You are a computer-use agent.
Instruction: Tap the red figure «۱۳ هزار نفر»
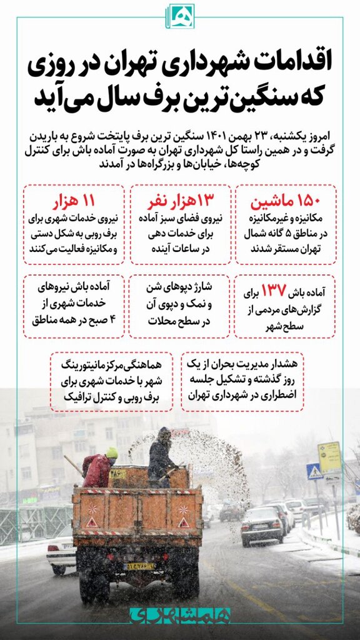180,201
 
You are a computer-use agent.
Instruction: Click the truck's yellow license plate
141,566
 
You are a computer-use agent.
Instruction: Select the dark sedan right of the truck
261,524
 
